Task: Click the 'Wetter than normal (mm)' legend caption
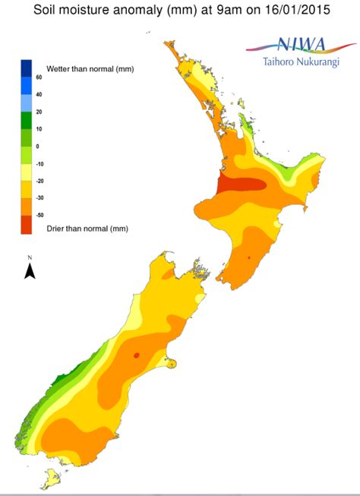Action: point(90,69)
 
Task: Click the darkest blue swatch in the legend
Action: point(27,68)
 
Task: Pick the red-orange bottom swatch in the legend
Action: point(27,225)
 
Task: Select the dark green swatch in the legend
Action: point(27,120)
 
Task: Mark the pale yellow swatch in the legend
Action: point(27,172)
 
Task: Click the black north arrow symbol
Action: point(30,270)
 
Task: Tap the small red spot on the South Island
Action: point(137,355)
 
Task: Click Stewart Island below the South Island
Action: point(53,479)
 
